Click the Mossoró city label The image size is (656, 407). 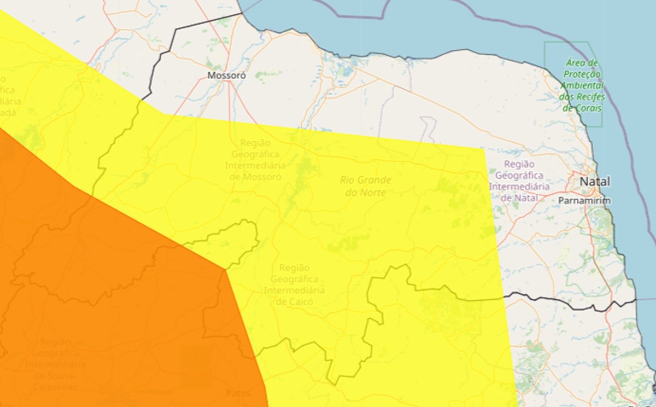coord(226,75)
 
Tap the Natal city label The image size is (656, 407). coord(595,181)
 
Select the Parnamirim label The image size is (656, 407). coord(584,201)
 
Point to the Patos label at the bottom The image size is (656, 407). coord(238,393)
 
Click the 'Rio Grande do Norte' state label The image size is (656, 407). coord(365,186)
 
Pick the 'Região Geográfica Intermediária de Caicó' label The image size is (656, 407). coord(294,284)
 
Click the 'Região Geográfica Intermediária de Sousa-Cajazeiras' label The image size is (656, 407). coord(55,364)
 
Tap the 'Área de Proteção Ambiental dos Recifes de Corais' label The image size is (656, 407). coord(582,85)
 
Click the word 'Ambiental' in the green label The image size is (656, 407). coord(582,85)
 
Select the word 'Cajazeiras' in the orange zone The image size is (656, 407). coord(55,387)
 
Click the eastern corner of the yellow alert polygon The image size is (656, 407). coord(485,148)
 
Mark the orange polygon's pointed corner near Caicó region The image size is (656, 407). coord(225,269)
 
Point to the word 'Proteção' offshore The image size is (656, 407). coord(582,74)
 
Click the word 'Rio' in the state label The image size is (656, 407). coord(347,179)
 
